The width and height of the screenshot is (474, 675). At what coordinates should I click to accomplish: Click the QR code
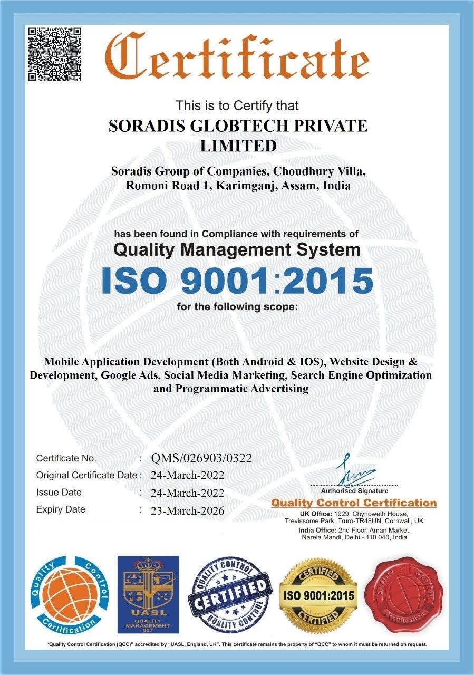point(54,54)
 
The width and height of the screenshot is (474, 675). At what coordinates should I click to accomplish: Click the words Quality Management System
point(237,249)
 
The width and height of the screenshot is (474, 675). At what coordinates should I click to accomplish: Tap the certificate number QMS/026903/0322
point(201,458)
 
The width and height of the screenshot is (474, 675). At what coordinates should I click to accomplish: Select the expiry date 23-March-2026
point(187,510)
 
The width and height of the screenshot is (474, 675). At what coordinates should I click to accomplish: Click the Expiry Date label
point(61,509)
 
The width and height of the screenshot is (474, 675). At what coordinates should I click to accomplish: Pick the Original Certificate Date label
point(86,475)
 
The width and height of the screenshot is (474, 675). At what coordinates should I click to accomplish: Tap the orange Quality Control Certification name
point(354,503)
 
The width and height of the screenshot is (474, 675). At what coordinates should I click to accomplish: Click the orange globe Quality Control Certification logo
point(68,595)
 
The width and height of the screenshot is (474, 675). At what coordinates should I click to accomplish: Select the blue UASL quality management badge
point(148,594)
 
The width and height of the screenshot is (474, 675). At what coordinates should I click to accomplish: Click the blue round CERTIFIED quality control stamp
point(230,595)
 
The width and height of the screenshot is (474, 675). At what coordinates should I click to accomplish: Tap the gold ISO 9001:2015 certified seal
point(318,595)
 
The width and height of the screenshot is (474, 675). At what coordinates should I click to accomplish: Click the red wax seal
point(405,595)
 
